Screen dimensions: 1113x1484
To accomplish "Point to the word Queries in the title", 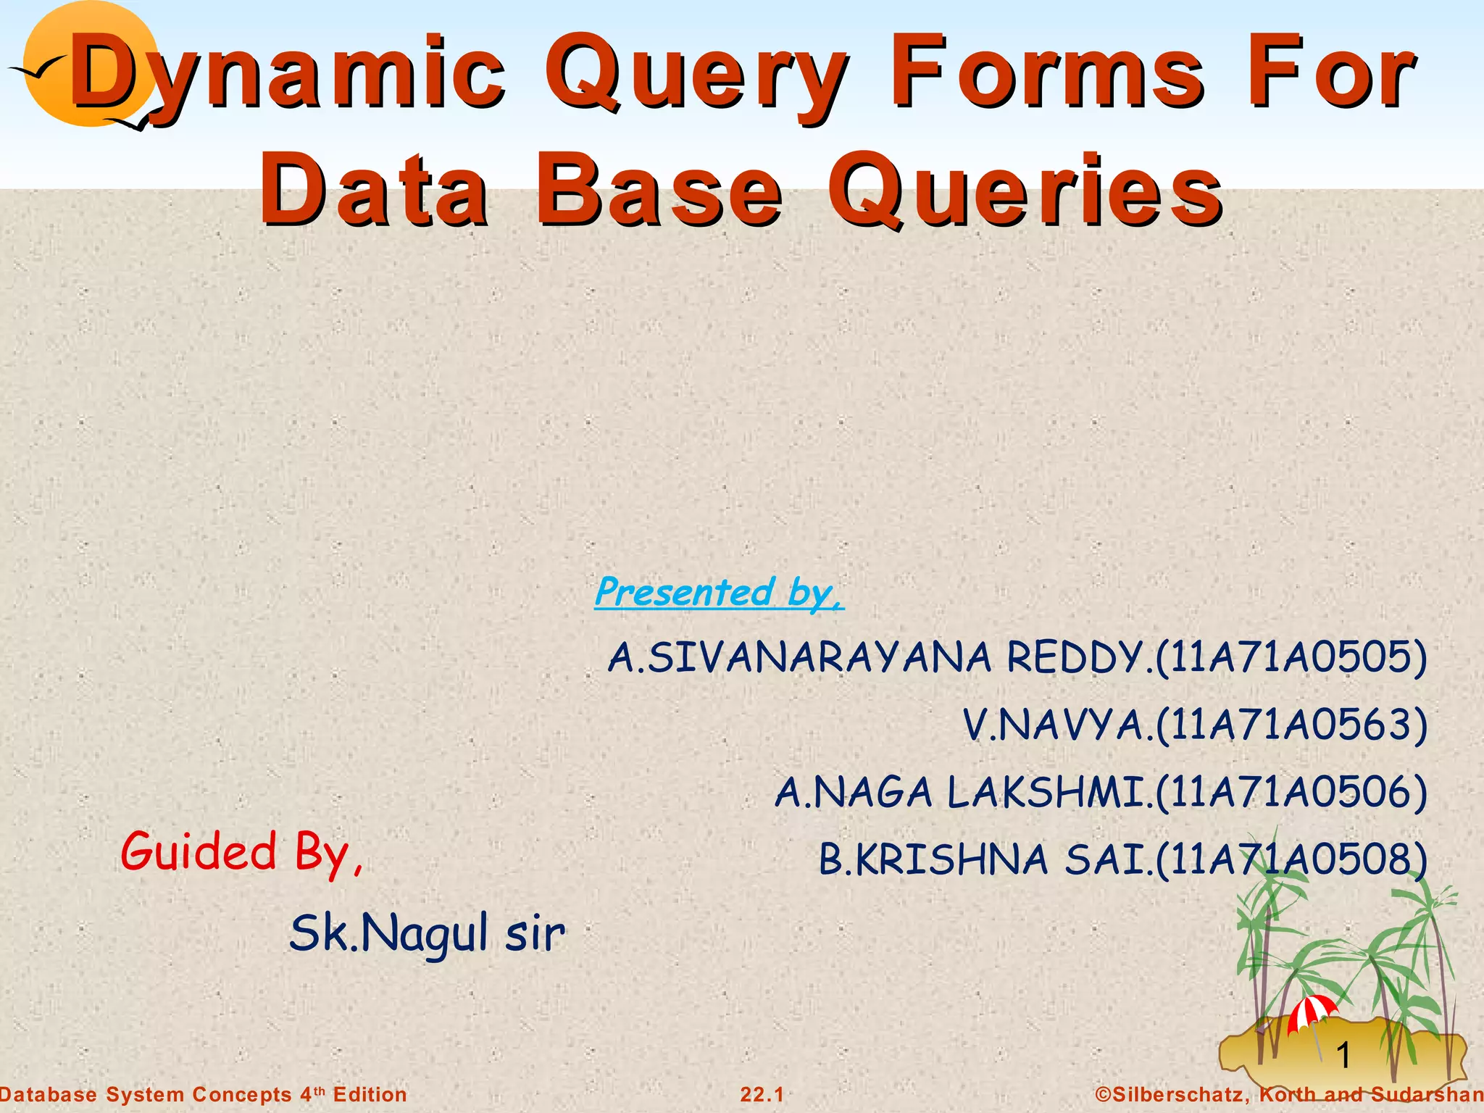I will click(1025, 192).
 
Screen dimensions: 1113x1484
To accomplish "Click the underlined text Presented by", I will click(718, 593).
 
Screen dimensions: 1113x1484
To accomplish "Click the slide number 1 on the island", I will click(1343, 1055).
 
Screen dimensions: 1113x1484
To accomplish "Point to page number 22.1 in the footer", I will click(762, 1095).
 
